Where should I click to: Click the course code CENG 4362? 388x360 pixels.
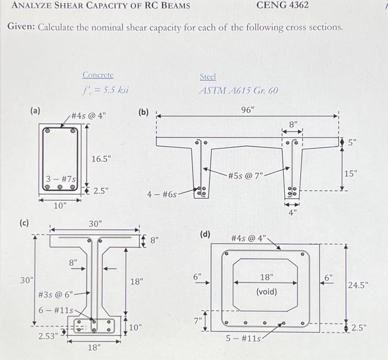283,6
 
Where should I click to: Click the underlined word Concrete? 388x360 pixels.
98,75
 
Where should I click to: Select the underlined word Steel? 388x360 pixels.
207,77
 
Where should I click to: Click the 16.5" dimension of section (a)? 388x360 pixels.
101,159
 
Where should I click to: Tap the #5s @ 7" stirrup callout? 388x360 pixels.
246,176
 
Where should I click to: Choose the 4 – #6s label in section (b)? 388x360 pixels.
161,194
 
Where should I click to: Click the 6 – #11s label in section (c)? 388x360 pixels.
53,310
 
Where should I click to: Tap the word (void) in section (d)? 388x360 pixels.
267,291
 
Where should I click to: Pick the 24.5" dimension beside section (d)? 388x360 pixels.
359,286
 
